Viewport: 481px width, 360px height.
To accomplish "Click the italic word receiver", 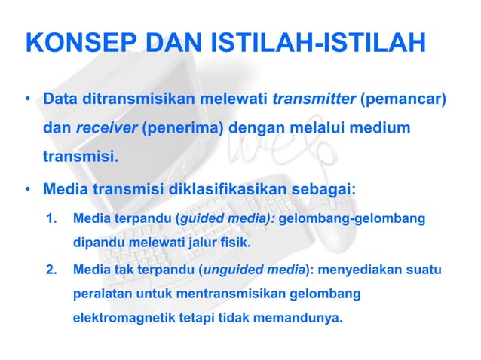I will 106,129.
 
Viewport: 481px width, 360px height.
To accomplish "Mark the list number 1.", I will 52,220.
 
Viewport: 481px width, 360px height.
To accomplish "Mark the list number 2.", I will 52,269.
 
